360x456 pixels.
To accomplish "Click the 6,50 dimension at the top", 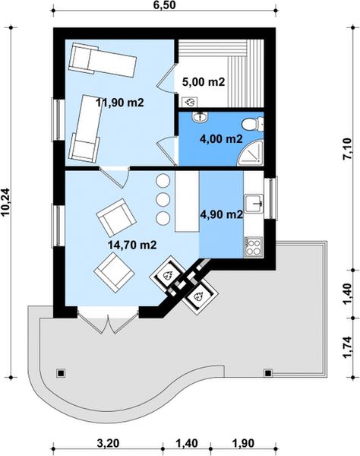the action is tap(165, 5).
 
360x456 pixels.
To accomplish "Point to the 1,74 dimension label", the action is tap(348, 348).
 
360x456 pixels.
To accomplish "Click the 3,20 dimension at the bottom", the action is tap(108, 444).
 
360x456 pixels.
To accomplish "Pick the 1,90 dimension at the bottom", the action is tap(243, 444).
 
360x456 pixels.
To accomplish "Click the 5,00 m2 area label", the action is tap(204, 82).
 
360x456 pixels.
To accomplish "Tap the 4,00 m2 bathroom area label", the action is tap(221, 139).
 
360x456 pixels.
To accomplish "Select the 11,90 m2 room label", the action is tap(120, 103).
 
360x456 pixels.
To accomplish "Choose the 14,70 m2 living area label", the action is tap(132, 245).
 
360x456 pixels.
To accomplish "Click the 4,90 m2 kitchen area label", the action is tap(222, 214).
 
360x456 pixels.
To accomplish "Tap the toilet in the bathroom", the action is tap(252, 124).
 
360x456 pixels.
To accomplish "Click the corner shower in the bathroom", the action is tap(251, 154).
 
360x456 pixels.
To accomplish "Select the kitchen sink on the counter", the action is tap(254, 203).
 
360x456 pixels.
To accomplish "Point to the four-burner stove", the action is tap(253, 247).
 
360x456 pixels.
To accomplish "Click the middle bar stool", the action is tap(163, 199).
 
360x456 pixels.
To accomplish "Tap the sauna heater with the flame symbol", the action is tap(189, 102).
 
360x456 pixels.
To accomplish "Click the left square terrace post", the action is tap(61, 373).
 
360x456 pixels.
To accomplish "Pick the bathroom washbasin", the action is tap(200, 117).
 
